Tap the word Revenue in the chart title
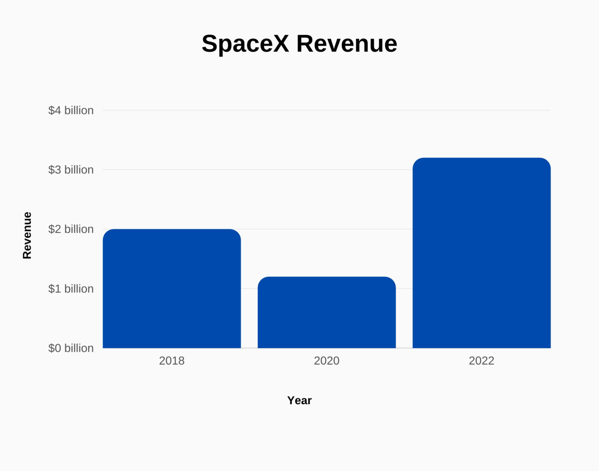pos(347,43)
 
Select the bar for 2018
pos(172,289)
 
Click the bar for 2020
pos(326,313)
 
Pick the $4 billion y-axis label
pos(71,110)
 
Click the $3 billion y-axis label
pos(71,170)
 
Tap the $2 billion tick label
pos(71,229)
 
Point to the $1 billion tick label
pos(71,289)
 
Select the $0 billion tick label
pos(71,348)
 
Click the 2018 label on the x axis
pos(172,361)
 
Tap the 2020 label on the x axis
pos(326,361)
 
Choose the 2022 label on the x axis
pos(481,361)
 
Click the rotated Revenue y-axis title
pos(27,235)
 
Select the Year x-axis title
pos(299,400)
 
